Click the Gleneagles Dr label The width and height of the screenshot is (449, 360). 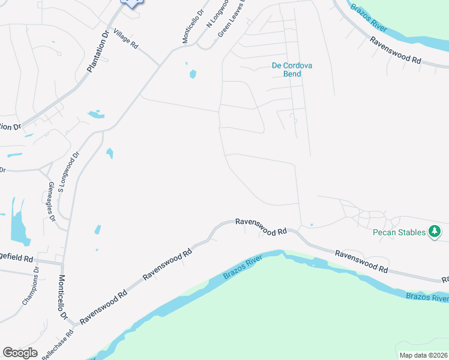click(x=51, y=202)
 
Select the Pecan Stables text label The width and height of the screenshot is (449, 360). click(x=399, y=232)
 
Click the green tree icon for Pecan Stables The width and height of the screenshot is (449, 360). click(x=435, y=232)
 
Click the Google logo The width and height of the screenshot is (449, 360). click(x=20, y=353)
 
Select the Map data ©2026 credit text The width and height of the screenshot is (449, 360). click(x=423, y=355)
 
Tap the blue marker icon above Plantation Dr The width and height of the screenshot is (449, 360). click(x=132, y=2)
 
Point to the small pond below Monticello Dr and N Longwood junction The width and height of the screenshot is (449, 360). click(x=193, y=74)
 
